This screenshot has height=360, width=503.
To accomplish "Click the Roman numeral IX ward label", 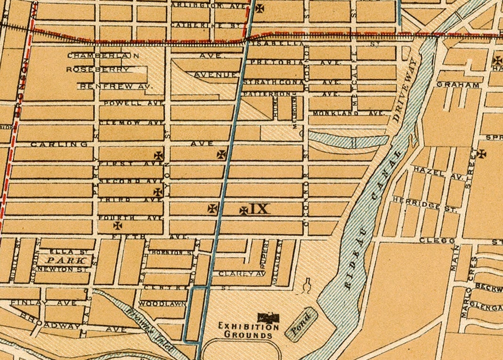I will tap(258, 209).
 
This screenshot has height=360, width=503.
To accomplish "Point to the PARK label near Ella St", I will tap(66, 260).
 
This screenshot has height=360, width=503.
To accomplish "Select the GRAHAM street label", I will tap(458, 85).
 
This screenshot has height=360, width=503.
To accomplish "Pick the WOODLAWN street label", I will tap(162, 304).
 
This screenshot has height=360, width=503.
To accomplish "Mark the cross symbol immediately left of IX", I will tap(243, 211).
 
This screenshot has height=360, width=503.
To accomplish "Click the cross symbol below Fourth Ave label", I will tap(117, 226).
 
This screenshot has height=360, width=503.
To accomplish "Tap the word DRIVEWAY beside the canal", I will tap(404, 91).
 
